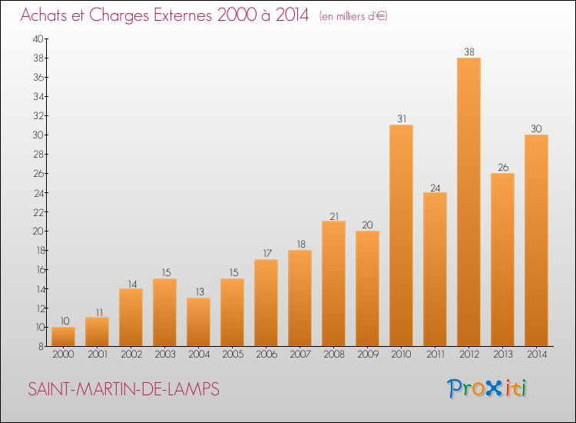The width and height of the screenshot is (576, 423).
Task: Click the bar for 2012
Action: click(468, 202)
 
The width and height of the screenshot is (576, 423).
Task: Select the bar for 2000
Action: click(63, 337)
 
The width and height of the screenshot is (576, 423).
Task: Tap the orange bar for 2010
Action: click(401, 235)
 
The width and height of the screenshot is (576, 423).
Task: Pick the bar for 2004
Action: click(198, 321)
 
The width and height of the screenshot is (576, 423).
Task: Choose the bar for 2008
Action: click(333, 284)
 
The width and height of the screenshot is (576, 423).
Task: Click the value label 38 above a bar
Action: click(469, 52)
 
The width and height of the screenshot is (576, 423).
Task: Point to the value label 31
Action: click(402, 118)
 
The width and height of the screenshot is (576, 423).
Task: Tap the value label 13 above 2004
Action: click(200, 291)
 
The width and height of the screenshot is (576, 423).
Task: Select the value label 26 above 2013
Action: click(503, 168)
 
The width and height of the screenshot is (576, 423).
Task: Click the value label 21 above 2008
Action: click(334, 217)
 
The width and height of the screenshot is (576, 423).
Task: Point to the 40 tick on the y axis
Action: click(38, 39)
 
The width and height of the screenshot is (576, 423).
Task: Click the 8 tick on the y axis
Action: click(41, 347)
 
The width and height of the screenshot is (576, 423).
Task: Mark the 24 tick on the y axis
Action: click(38, 193)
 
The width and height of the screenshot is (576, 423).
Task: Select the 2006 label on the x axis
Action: click(266, 355)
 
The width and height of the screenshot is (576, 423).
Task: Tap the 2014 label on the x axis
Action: click(537, 355)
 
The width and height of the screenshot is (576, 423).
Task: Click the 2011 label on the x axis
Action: click(435, 355)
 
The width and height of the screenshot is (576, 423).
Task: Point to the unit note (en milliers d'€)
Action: click(353, 16)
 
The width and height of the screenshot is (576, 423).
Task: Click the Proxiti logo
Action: click(487, 388)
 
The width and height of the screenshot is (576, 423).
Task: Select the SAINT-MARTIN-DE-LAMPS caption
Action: click(124, 389)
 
